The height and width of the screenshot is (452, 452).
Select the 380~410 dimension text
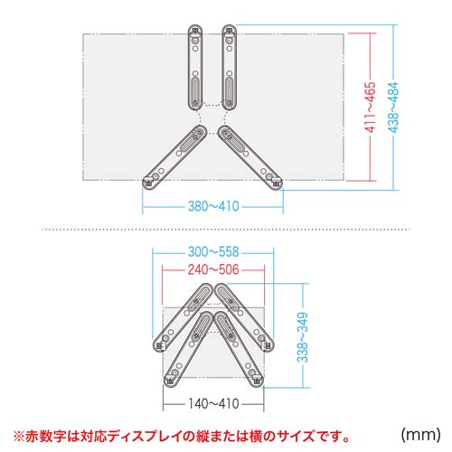click(215, 207)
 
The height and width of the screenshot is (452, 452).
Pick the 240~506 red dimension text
click(210, 270)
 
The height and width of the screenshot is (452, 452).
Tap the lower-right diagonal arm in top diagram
click(250, 155)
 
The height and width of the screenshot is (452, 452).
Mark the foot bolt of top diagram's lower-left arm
click(149, 182)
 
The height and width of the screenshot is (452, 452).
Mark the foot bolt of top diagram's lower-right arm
click(275, 182)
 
